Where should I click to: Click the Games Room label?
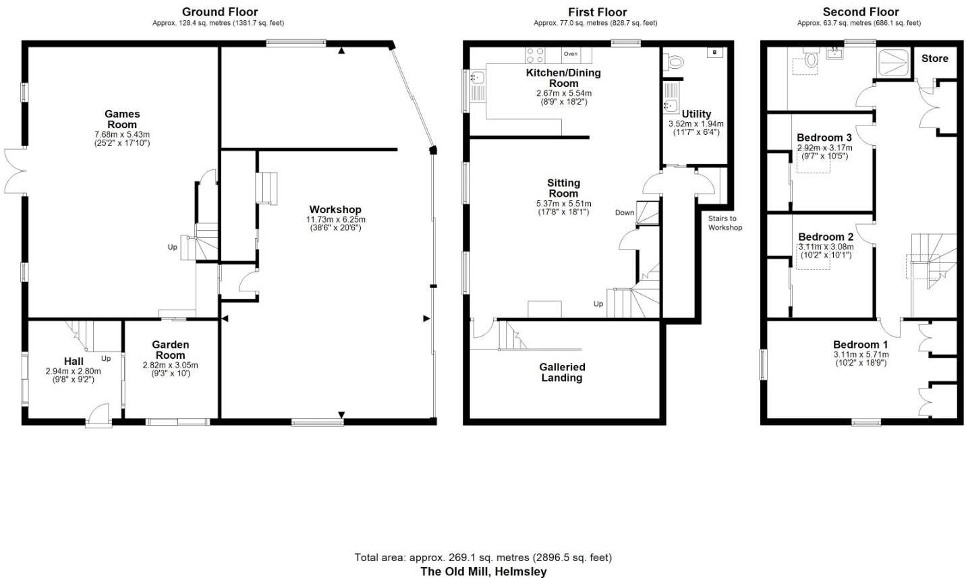122,119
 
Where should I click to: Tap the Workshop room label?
335,210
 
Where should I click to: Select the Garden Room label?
170,350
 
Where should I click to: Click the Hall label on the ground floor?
74,362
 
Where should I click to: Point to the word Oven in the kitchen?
571,54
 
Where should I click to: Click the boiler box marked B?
714,53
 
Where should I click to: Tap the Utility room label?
695,114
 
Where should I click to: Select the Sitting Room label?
563,188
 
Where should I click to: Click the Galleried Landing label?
562,372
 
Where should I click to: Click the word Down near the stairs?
625,213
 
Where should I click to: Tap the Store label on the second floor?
934,59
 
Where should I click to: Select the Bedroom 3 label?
824,138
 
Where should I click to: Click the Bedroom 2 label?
826,237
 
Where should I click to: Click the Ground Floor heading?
220,12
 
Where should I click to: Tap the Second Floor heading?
860,12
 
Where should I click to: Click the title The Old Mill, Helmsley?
483,571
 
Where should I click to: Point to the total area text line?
483,557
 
